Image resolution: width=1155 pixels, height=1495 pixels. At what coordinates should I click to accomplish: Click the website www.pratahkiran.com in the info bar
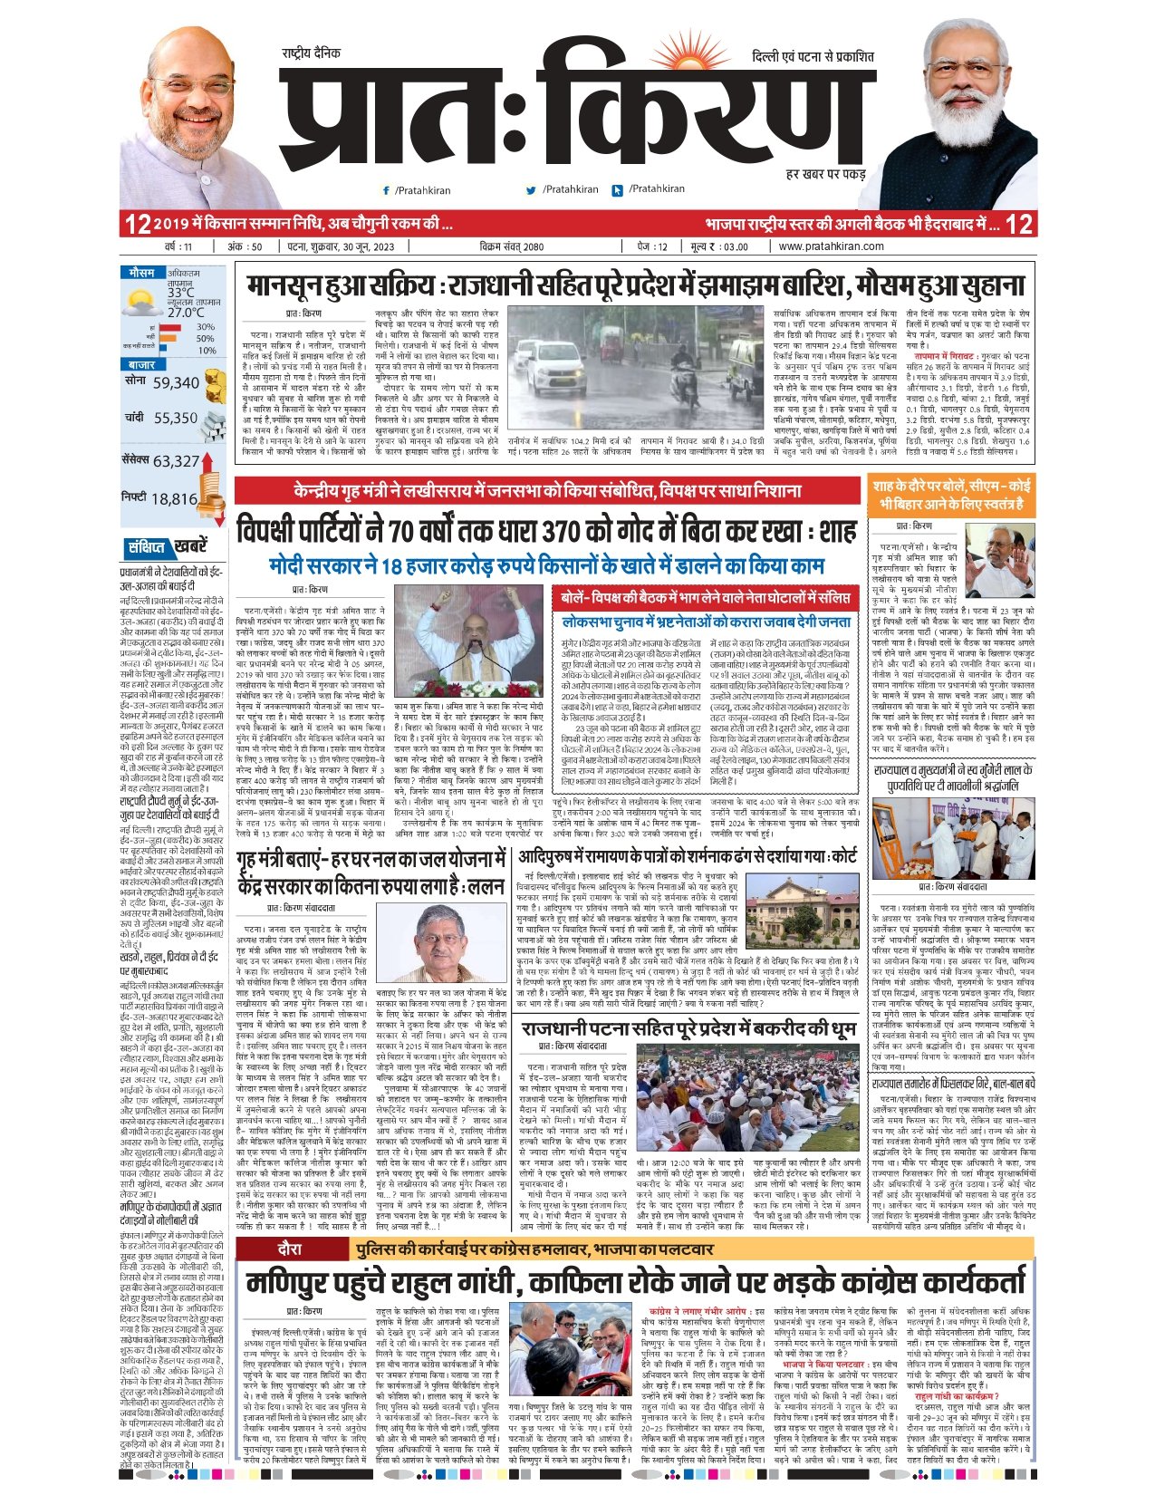tap(831, 246)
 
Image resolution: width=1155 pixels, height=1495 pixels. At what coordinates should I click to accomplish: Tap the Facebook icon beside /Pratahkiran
tap(387, 190)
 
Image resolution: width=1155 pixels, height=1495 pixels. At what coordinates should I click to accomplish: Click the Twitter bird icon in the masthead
tap(531, 190)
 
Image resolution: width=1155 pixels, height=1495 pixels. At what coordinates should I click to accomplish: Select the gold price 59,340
tap(176, 383)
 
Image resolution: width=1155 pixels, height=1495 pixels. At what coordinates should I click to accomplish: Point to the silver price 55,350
tap(175, 418)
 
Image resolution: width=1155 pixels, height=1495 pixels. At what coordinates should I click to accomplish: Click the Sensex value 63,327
tap(176, 461)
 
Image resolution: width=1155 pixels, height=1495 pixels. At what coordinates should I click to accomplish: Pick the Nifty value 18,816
tap(174, 498)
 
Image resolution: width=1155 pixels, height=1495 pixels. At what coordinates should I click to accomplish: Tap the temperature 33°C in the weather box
tap(179, 292)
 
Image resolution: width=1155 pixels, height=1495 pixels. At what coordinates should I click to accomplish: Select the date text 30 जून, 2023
tap(361, 246)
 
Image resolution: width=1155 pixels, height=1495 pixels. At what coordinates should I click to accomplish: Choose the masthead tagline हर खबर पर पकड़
tap(824, 173)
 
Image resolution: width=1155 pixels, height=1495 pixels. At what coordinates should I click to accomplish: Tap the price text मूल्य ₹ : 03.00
tap(720, 246)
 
